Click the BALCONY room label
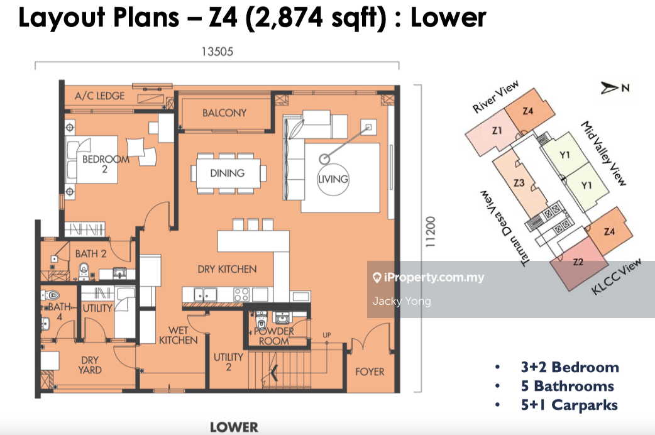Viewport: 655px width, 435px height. (224, 113)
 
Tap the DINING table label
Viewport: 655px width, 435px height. (228, 173)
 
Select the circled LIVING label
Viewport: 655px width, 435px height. (333, 179)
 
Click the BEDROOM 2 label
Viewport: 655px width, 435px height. (105, 164)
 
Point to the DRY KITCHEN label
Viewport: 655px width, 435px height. (228, 269)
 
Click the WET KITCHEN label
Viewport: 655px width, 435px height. (179, 335)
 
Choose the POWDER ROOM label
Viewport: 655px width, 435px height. (274, 336)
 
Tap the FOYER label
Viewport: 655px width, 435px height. (370, 372)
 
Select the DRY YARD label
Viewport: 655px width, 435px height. (90, 365)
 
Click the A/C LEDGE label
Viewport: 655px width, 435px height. (99, 96)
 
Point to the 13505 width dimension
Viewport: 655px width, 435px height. (217, 52)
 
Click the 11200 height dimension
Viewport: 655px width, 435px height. (430, 231)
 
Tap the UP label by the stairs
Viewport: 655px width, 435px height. (327, 335)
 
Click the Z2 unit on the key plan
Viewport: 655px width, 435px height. (578, 262)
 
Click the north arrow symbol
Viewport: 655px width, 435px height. (610, 88)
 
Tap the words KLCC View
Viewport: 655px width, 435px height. (617, 277)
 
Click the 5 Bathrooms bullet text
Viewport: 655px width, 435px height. (567, 386)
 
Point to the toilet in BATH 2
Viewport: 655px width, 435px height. (84, 271)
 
